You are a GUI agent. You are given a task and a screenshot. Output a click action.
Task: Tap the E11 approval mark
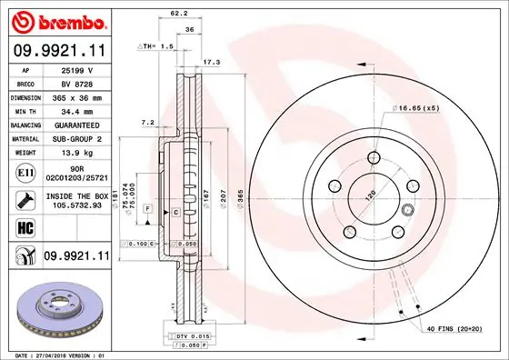25,171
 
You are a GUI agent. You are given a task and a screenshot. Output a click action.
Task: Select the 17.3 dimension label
211,63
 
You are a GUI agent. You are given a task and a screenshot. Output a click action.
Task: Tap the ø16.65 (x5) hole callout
417,108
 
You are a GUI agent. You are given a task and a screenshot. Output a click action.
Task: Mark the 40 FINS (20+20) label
452,327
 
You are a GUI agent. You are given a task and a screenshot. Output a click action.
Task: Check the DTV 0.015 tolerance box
188,337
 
